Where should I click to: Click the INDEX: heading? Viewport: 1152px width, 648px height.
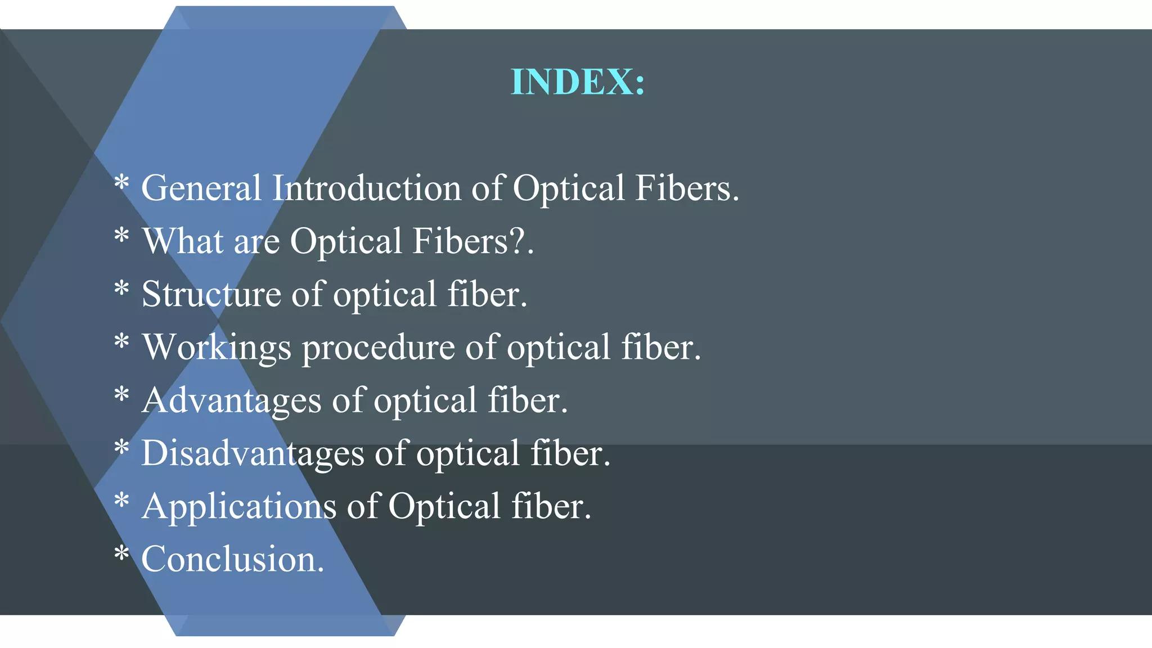tap(578, 82)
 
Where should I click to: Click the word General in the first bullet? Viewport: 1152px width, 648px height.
tap(201, 188)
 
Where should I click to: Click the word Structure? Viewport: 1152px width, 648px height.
tap(211, 294)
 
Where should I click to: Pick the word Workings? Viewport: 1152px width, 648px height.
tap(217, 348)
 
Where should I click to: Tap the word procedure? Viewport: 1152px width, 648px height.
tap(378, 348)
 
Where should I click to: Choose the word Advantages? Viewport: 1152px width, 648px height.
tap(231, 400)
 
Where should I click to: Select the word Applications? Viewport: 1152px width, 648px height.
tap(238, 506)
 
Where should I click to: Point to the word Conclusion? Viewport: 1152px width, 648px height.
tap(232, 559)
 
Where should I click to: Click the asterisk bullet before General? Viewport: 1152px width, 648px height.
tap(121, 183)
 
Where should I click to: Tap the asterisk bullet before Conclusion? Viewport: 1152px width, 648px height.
tap(121, 555)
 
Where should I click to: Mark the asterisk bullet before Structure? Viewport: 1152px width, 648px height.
tap(121, 290)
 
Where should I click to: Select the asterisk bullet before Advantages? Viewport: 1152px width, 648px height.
tap(121, 395)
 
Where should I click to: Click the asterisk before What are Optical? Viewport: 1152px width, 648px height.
tap(121, 236)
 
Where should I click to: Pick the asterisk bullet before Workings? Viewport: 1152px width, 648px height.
tap(121, 343)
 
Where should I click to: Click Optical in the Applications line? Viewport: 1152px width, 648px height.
tap(444, 506)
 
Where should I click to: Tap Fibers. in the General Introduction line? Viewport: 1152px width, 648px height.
tap(687, 188)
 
